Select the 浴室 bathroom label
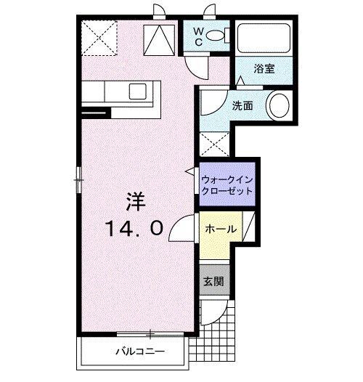tap(263, 69)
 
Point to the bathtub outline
tap(265, 36)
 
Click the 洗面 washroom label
tap(242, 105)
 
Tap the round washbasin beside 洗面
tap(278, 106)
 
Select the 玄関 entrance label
tap(213, 282)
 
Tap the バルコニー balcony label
tap(139, 353)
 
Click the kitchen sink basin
tap(138, 92)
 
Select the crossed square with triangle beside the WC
tap(159, 38)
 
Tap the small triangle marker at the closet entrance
tap(191, 171)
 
